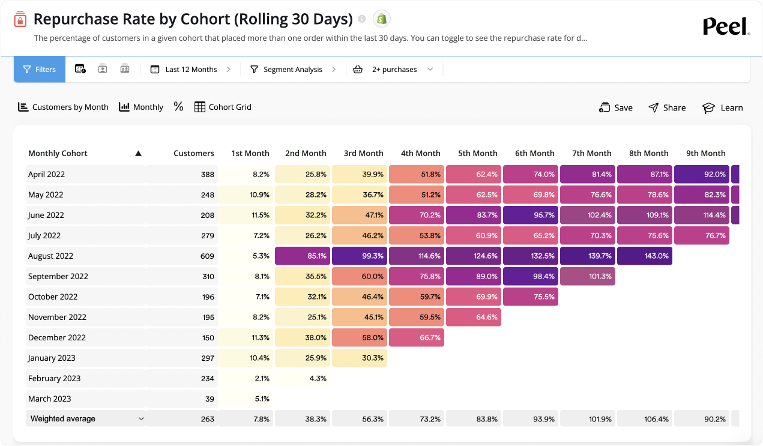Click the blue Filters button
[x=40, y=70]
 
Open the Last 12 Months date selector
[x=190, y=70]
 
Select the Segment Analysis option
[x=292, y=70]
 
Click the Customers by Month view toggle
[x=63, y=107]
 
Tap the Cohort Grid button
[x=223, y=107]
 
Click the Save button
[x=616, y=107]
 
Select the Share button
[x=667, y=107]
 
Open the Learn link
[x=723, y=107]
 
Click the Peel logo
[x=726, y=26]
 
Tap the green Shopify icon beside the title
[x=381, y=19]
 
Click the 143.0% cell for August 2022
[x=644, y=256]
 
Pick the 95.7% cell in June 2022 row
[x=531, y=215]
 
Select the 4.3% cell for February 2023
[x=303, y=378]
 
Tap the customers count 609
[x=207, y=256]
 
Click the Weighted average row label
[x=63, y=419]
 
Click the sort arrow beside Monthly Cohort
[x=138, y=153]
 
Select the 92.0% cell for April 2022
[x=701, y=174]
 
